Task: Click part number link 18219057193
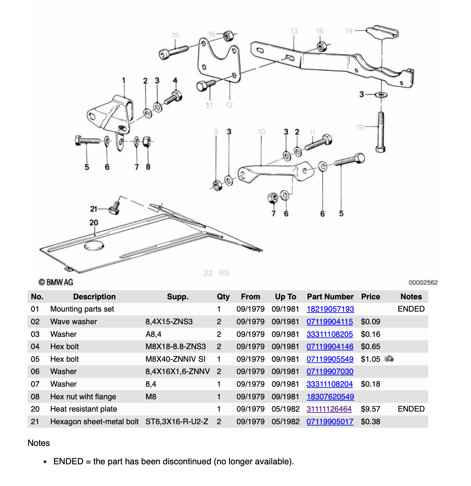point(330,309)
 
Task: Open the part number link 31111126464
point(329,409)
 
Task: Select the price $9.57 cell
point(370,409)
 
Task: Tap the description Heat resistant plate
point(83,409)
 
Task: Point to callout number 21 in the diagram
point(93,209)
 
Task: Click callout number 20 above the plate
point(93,223)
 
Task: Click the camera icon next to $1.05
point(389,359)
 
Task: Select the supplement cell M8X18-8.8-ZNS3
point(176,347)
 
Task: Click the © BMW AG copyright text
point(56,282)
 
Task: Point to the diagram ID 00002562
point(423,282)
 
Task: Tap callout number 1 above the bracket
point(124,80)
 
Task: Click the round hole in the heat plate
point(94,246)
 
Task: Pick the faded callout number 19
point(360,127)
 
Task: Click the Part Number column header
point(330,297)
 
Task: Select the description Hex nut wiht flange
point(83,397)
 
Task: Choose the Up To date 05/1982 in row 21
point(286,422)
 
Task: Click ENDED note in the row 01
point(411,309)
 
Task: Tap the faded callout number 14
point(349,31)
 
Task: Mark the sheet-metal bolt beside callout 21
point(115,208)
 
